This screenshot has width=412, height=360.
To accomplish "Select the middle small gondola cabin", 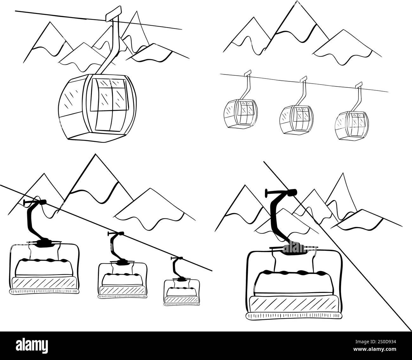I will [x=296, y=120].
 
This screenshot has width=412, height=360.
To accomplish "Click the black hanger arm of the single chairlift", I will [x=277, y=215].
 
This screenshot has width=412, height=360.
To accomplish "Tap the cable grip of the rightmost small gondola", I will [x=359, y=85].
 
